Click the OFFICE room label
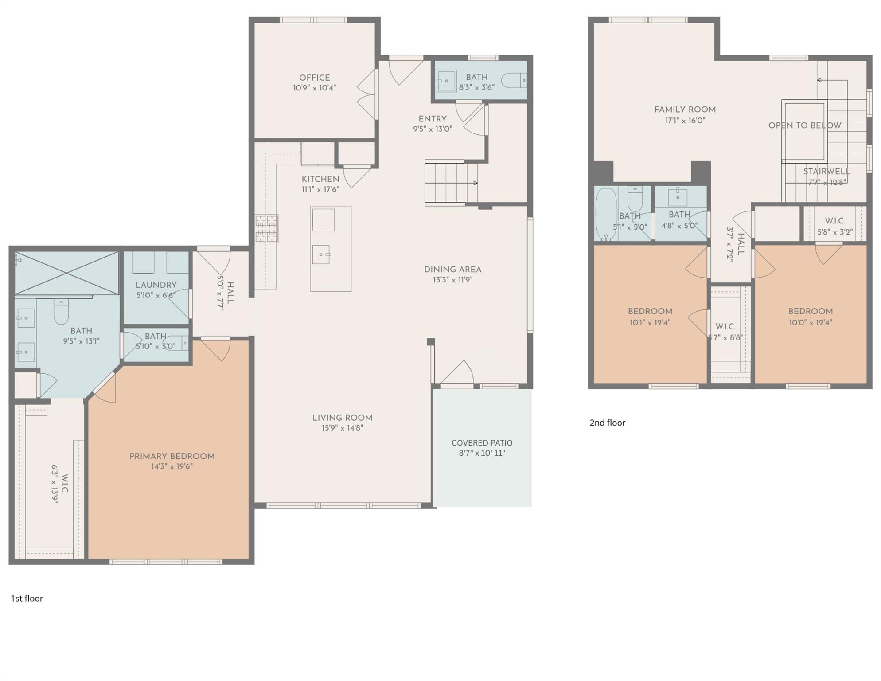314,78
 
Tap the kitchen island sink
321,255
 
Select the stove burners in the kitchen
266,229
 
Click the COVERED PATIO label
482,443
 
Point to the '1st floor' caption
27,599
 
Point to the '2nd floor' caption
607,423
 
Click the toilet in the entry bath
514,81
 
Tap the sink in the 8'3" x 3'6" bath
446,81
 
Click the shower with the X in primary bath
66,272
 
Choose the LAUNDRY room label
156,285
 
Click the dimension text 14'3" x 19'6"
172,466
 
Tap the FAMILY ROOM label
685,110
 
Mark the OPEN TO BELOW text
804,125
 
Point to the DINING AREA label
452,270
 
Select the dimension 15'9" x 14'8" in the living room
342,428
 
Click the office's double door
367,94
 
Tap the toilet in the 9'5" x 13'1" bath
61,311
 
